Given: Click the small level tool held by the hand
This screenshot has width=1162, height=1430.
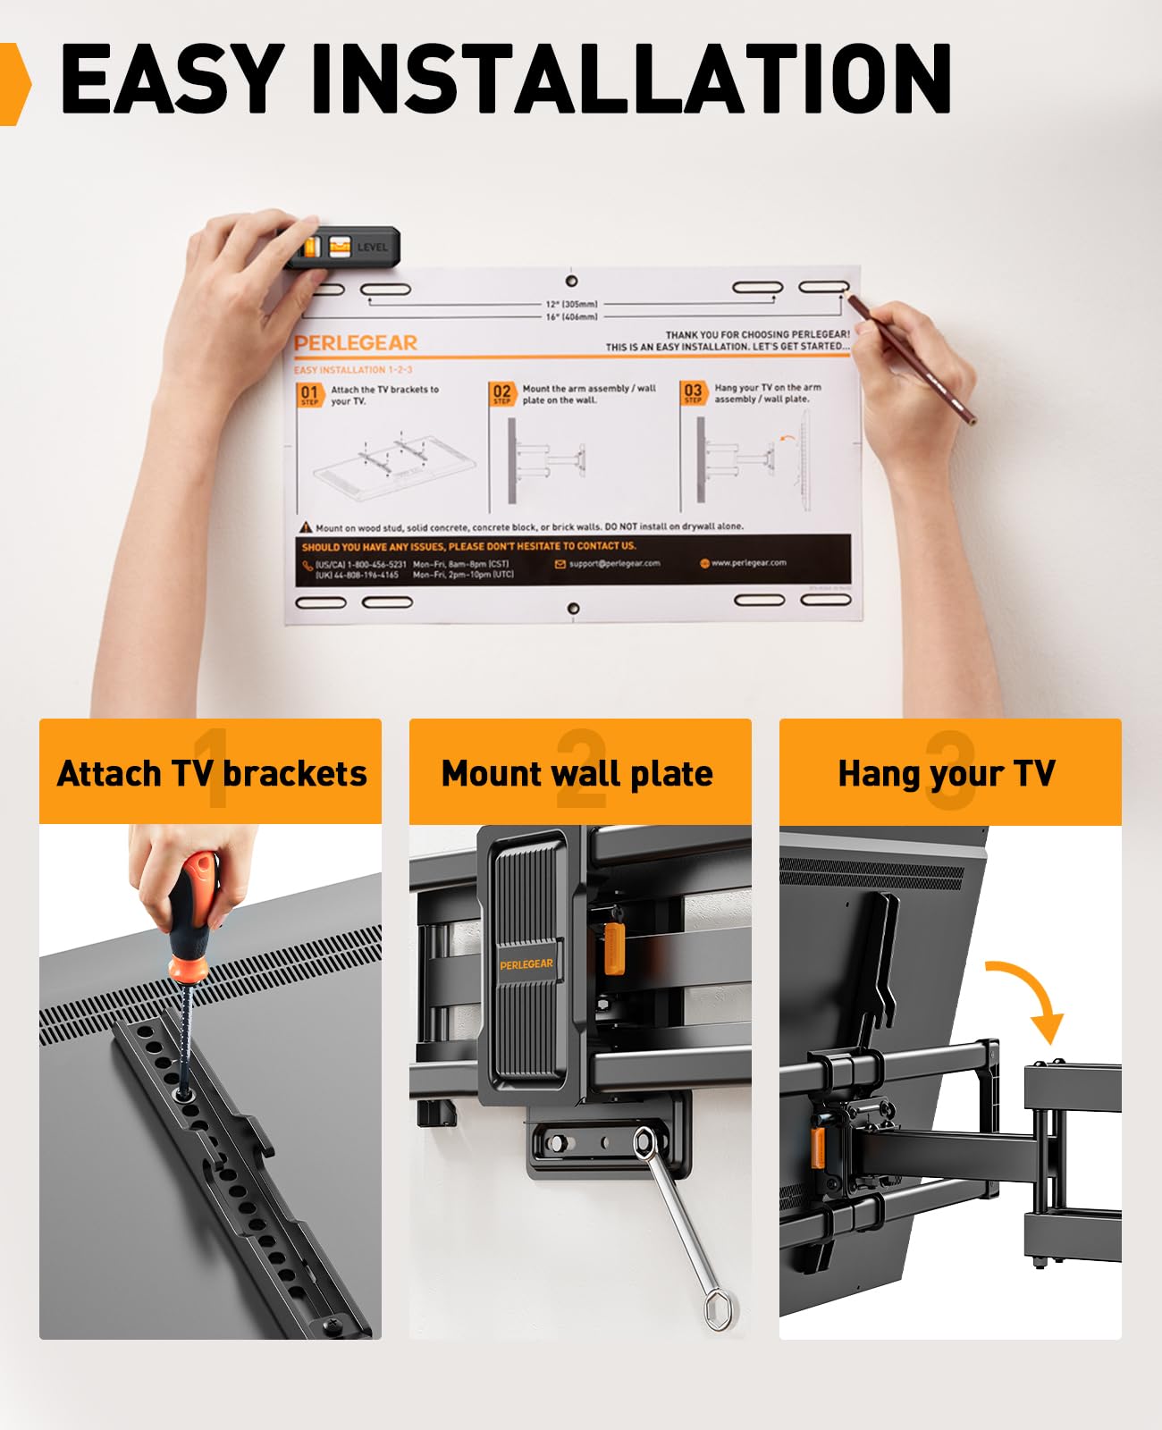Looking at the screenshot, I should click(343, 248).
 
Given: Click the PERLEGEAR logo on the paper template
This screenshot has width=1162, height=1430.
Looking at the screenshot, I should click(356, 343).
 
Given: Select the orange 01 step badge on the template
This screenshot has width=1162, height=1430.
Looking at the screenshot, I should click(309, 394).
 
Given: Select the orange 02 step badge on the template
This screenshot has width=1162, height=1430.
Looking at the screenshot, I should click(502, 393).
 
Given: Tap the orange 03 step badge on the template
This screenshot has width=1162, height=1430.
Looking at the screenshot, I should click(693, 392).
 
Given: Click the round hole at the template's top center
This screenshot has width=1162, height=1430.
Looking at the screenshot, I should click(572, 281).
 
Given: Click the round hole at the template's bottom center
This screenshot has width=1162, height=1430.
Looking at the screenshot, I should click(574, 609).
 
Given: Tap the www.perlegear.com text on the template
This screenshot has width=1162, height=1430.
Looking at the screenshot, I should click(748, 563).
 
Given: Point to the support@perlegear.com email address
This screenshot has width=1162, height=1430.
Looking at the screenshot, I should click(613, 564).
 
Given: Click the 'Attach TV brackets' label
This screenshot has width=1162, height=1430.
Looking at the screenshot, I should click(211, 773).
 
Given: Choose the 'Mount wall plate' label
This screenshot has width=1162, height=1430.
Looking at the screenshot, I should click(578, 773).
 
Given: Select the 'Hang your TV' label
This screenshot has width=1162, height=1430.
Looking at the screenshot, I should click(947, 773).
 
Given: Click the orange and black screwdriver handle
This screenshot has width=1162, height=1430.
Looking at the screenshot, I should click(191, 912).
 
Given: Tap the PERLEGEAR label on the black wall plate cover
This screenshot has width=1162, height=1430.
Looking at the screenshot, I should click(526, 964).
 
